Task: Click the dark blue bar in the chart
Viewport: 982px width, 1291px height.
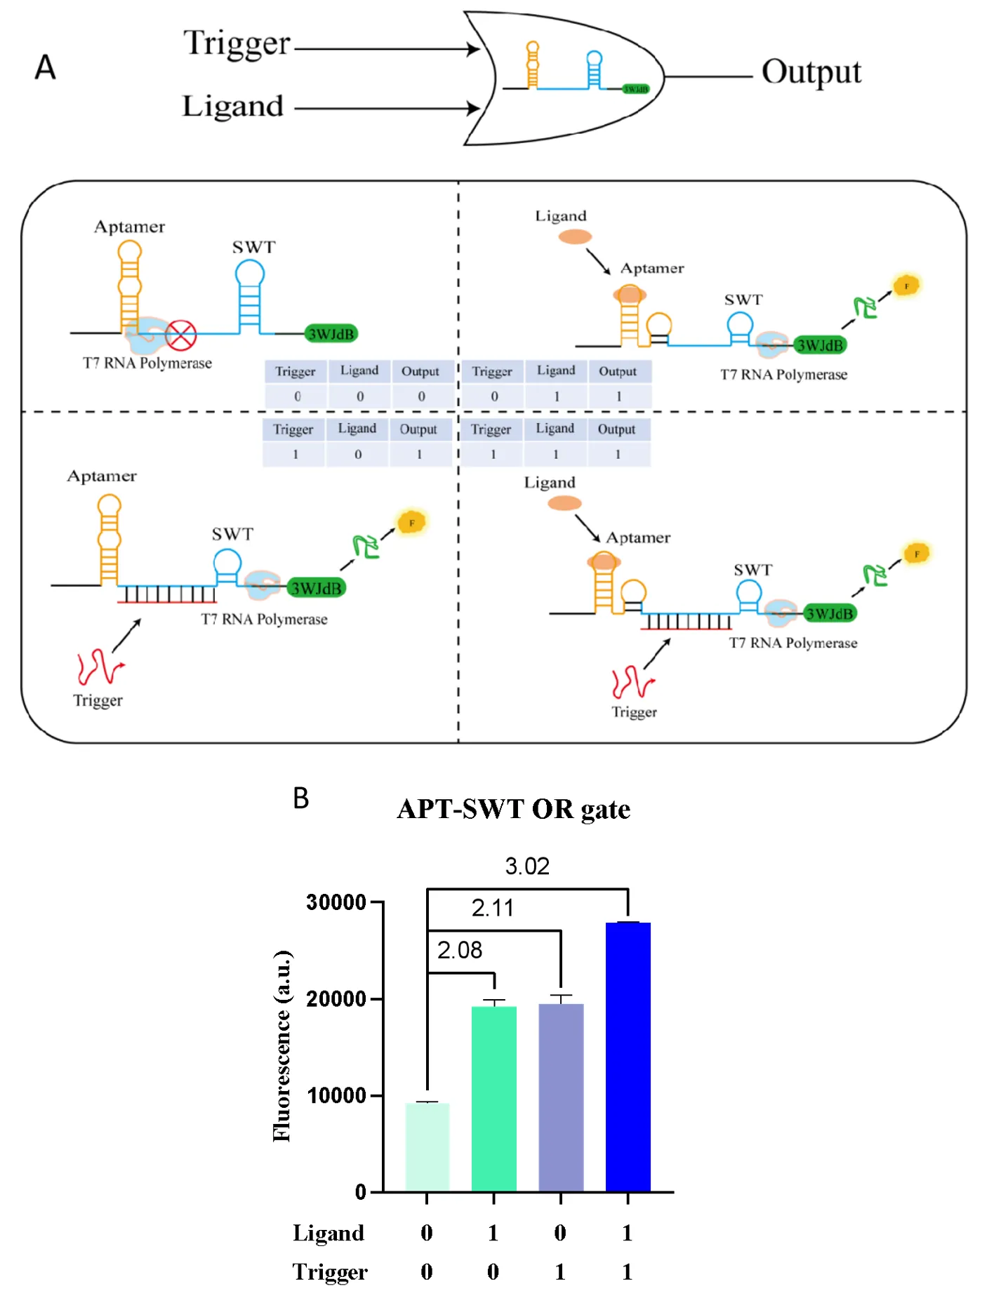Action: tap(628, 1056)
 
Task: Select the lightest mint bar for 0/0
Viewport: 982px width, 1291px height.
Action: tap(427, 1146)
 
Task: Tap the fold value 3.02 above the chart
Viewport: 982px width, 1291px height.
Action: tap(527, 866)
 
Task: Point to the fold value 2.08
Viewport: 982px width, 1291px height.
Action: tap(460, 950)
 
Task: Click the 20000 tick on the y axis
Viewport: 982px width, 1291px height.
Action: tap(336, 998)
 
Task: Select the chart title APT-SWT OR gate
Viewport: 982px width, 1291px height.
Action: tap(513, 809)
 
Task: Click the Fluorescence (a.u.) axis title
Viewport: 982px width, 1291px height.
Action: tap(281, 1045)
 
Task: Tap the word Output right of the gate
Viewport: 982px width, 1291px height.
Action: tap(811, 72)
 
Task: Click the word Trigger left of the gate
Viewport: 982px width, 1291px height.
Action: tap(237, 44)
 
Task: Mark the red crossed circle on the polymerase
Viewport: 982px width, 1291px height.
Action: tap(181, 335)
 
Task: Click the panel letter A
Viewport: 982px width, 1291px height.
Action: tap(46, 67)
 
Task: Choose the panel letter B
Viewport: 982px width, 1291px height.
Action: tap(300, 798)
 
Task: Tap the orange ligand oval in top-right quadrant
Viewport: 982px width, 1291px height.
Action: tap(575, 236)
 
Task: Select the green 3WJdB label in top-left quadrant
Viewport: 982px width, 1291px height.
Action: tap(331, 334)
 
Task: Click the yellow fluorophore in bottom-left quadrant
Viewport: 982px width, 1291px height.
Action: tap(411, 523)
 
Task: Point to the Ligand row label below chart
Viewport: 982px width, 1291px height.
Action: tap(329, 1233)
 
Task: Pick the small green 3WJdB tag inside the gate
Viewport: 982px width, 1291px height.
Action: tap(636, 89)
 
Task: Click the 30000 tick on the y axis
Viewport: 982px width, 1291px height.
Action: tap(336, 902)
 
